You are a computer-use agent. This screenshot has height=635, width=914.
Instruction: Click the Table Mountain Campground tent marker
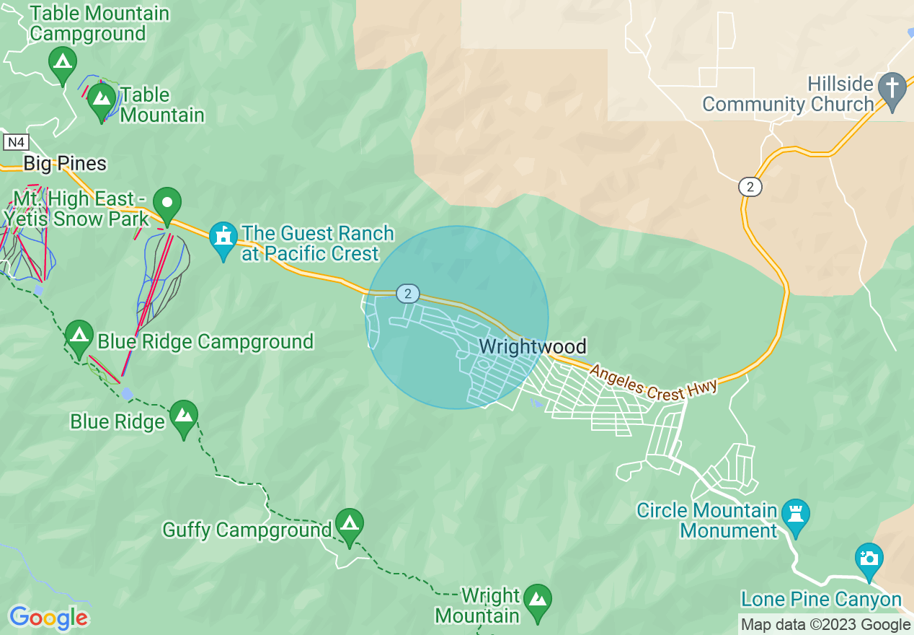click(63, 61)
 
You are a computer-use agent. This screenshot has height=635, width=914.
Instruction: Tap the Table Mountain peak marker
click(102, 97)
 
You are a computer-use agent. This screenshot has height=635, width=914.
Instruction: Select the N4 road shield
click(15, 142)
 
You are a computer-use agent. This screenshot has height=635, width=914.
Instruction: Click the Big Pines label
click(65, 164)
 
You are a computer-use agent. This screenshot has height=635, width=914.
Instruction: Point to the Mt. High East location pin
click(167, 202)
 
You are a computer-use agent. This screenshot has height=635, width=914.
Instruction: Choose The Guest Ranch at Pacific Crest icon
click(223, 237)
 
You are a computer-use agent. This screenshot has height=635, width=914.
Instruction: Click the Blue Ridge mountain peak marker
click(184, 416)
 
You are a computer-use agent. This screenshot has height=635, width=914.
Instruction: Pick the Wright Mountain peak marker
click(538, 600)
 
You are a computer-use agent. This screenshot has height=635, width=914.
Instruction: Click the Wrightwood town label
click(533, 347)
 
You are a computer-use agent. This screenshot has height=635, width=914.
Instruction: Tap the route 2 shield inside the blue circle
click(408, 293)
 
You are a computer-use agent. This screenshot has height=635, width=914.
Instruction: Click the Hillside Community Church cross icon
click(892, 87)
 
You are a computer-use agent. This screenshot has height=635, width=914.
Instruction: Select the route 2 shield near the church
click(750, 187)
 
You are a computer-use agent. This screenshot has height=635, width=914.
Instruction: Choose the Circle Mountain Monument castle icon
click(796, 514)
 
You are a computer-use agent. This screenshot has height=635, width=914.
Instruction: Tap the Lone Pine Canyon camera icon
click(869, 559)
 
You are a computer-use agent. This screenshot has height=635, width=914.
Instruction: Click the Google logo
click(48, 618)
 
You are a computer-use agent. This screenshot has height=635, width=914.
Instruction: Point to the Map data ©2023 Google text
click(826, 625)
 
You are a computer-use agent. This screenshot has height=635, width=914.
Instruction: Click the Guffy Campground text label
click(247, 530)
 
